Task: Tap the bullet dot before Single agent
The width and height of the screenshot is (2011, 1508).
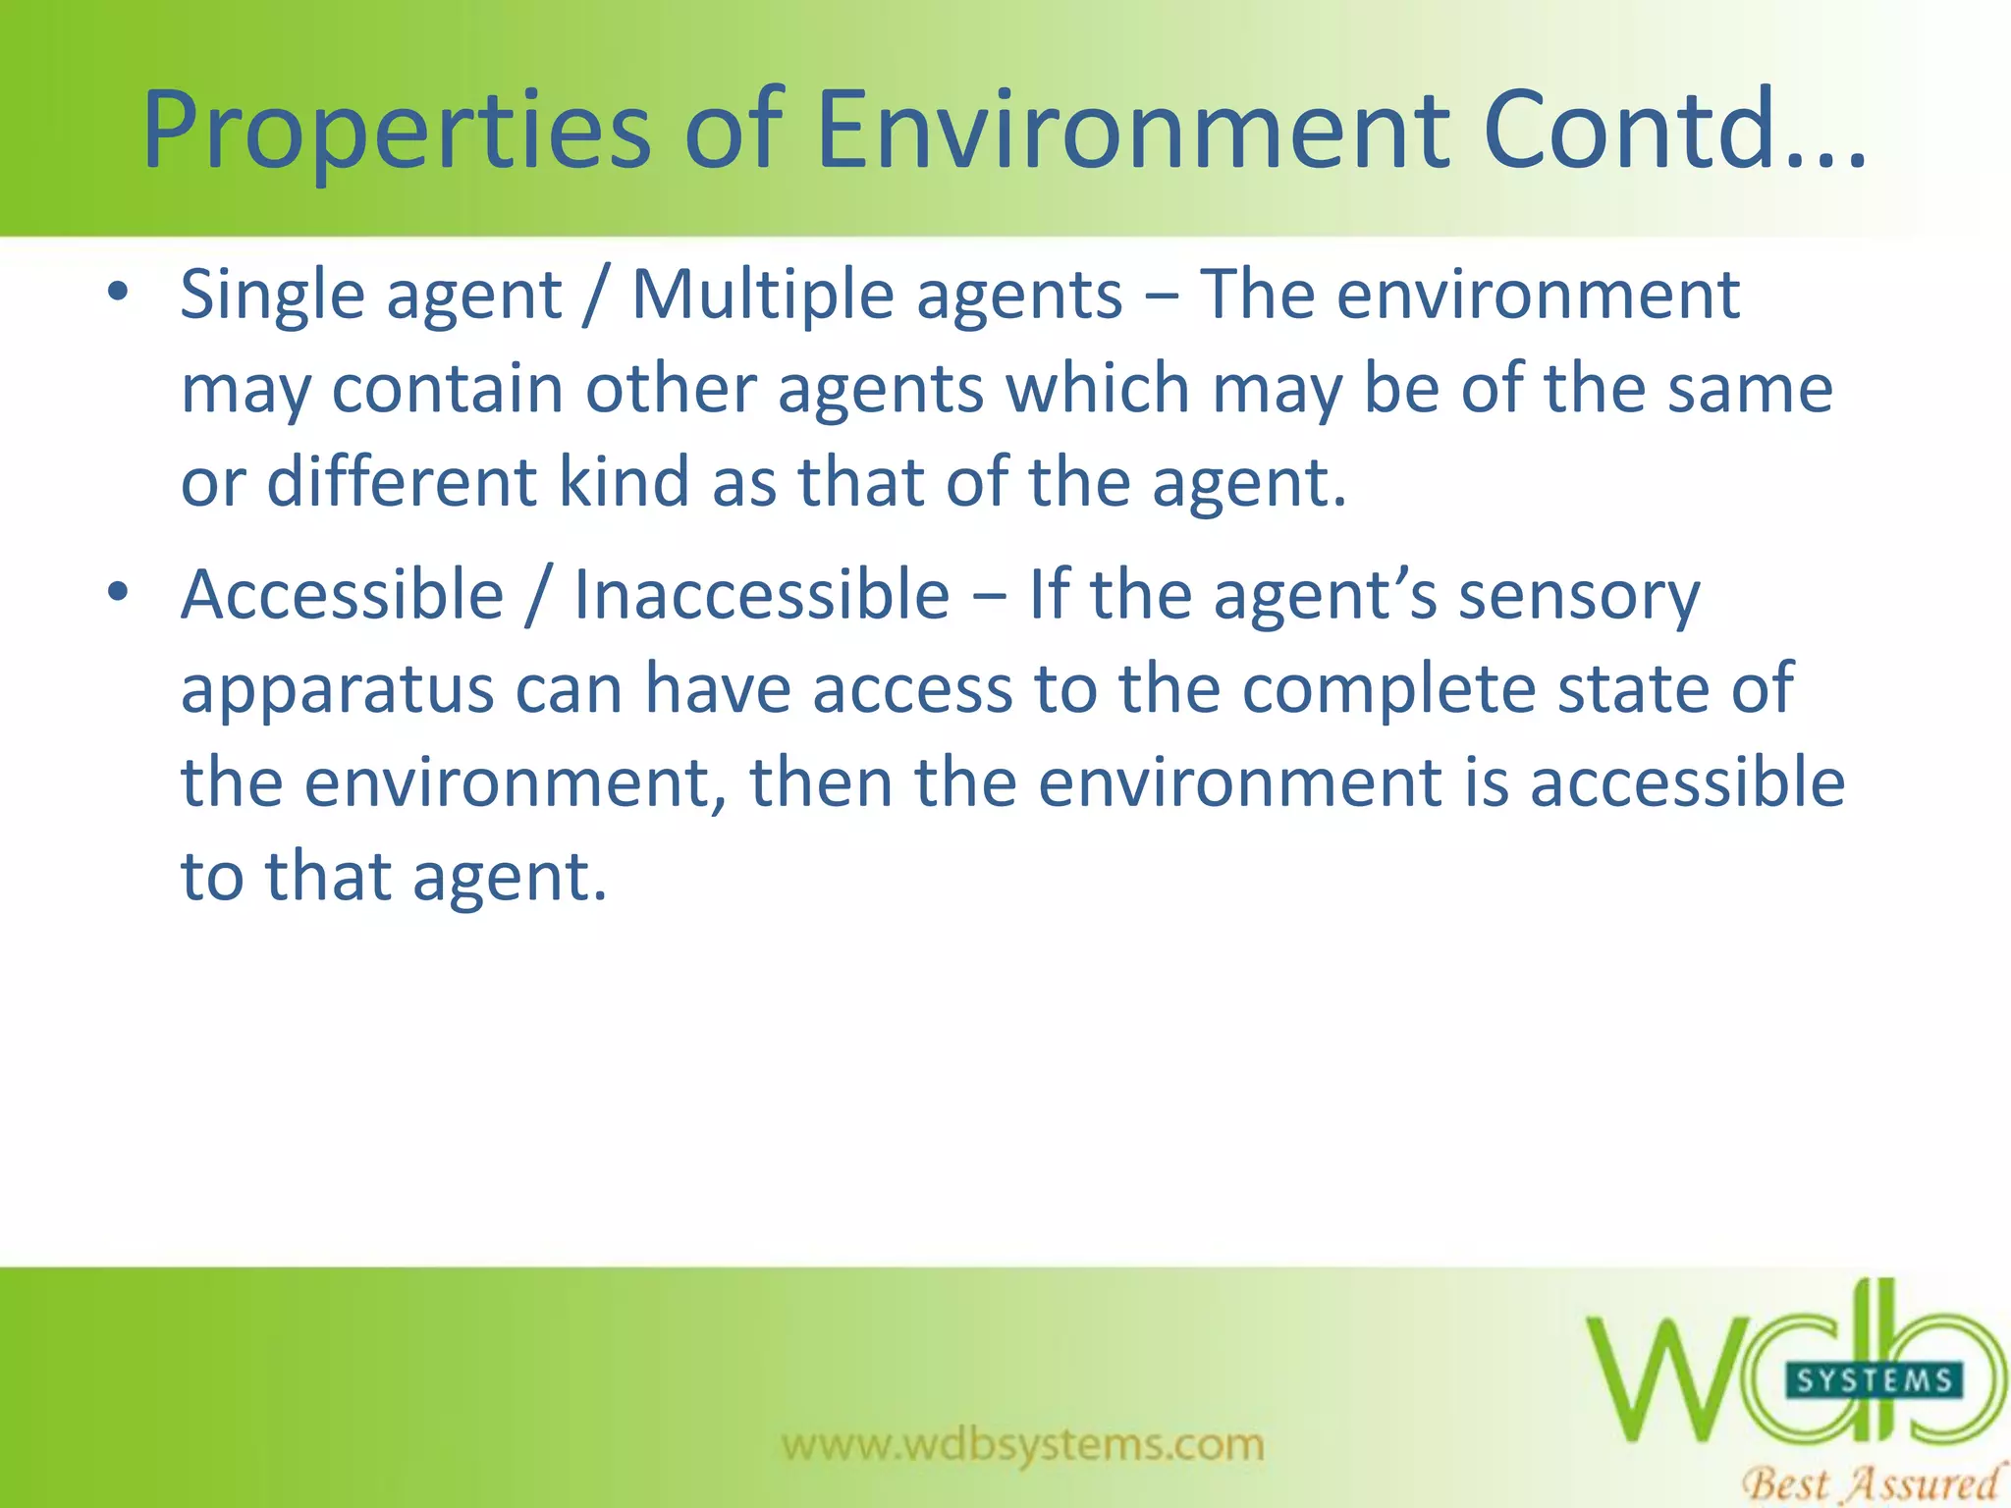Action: click(118, 292)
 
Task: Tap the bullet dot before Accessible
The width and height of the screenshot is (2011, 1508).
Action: click(118, 592)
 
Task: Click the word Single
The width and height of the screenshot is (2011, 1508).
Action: click(272, 296)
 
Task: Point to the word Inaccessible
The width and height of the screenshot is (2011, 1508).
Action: click(761, 595)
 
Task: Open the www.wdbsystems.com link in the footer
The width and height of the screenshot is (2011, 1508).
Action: click(1022, 1444)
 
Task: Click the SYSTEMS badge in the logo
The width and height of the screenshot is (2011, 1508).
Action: click(1873, 1380)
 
